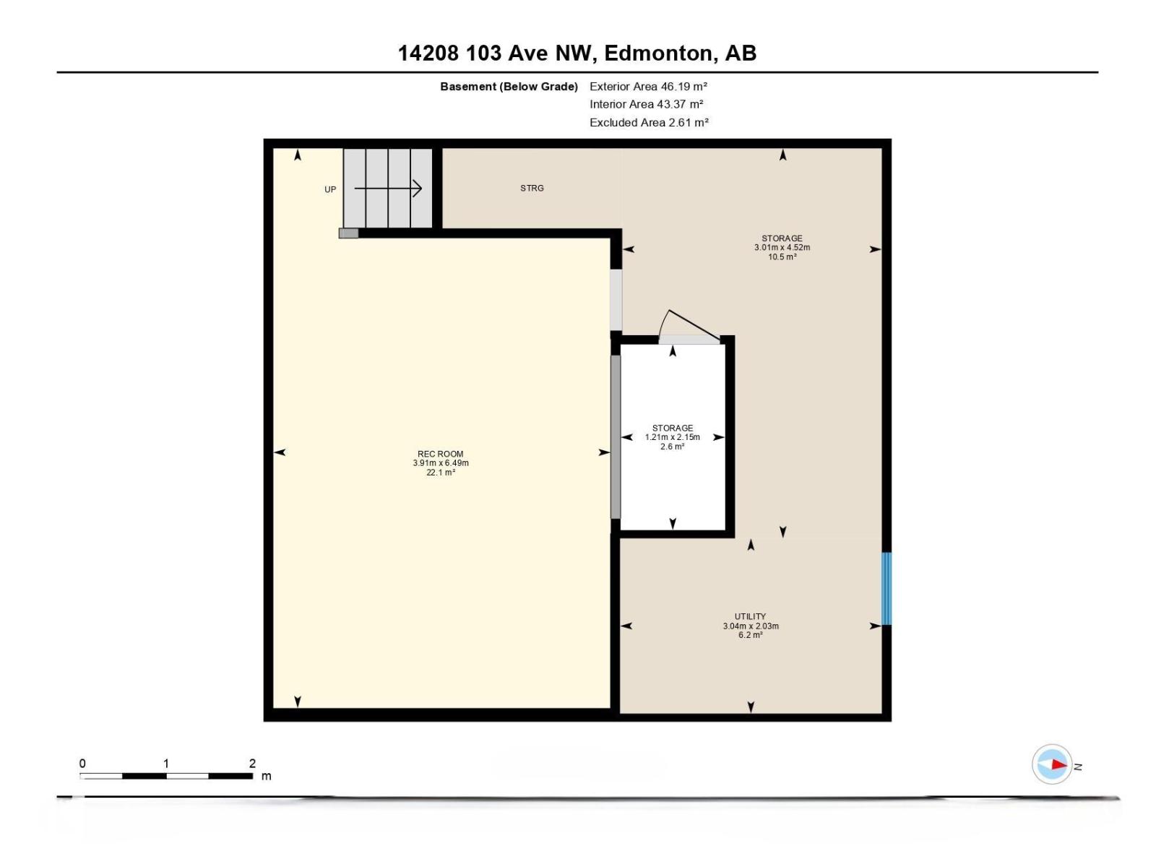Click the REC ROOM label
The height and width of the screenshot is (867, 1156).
440,454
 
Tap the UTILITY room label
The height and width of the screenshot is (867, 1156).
750,616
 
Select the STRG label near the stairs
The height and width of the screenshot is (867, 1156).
532,188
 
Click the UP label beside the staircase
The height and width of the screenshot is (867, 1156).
330,189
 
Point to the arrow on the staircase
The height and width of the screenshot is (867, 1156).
388,189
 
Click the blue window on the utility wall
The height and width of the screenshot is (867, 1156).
886,588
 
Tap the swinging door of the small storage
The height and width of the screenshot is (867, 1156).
690,325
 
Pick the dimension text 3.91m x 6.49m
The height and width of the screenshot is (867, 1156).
441,463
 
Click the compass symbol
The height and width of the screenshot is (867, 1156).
1052,764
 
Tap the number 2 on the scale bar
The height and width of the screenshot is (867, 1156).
252,763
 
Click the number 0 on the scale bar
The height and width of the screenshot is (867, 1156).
82,763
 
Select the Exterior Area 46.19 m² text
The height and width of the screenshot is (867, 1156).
648,86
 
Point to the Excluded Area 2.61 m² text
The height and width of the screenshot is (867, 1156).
649,122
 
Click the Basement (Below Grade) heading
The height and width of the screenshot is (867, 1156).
509,86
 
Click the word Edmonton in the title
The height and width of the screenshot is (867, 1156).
657,53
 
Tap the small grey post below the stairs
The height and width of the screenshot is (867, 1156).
348,233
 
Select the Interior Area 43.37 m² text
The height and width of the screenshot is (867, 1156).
646,104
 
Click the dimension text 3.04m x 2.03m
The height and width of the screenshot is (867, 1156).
751,626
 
